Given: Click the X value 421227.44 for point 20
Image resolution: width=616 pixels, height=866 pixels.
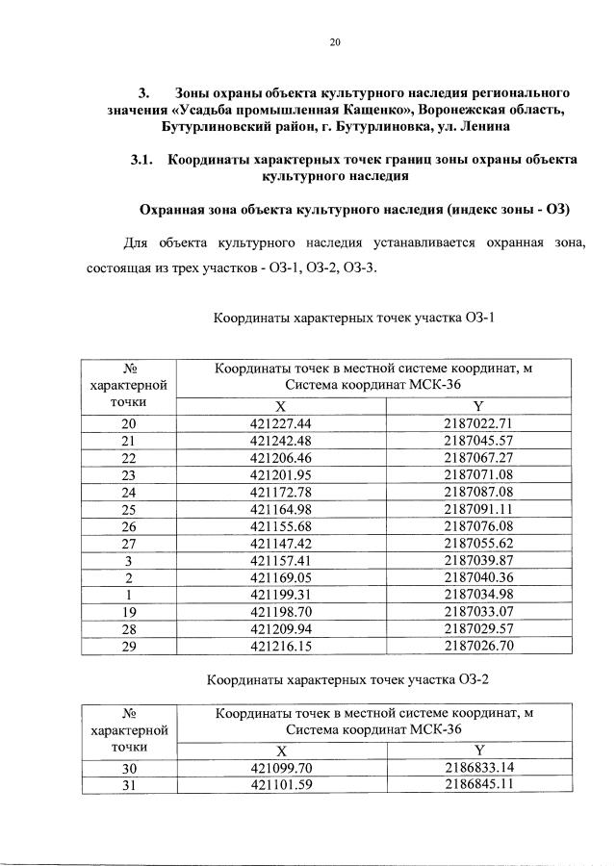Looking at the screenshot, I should [281, 423].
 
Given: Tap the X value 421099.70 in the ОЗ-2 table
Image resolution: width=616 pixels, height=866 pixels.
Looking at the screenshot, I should [281, 768].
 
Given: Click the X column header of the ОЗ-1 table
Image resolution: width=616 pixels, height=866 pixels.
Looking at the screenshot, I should [280, 406].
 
